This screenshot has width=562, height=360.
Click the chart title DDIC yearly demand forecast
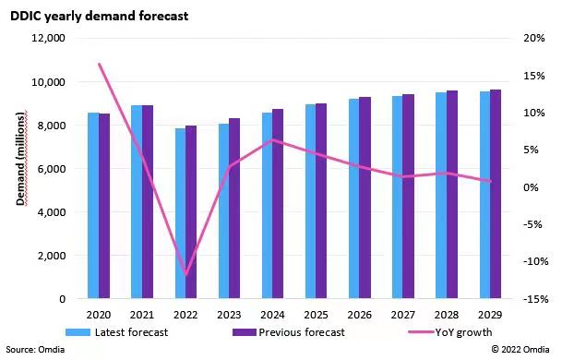coord(100,17)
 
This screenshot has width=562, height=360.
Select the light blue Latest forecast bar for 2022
coord(180,213)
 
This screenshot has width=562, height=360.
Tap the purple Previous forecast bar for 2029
coord(496,194)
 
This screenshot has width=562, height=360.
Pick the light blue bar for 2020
coord(93,206)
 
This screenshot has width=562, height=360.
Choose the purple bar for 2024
coord(278,204)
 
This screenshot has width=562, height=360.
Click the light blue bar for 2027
coord(398,198)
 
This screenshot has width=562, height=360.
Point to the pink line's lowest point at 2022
coord(186,275)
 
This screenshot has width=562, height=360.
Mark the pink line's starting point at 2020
coord(100,65)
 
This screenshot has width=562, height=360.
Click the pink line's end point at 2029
coord(490,182)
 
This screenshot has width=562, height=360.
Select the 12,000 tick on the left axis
coord(48,39)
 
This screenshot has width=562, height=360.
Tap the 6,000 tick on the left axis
coord(51,169)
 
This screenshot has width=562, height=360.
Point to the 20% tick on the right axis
coord(534,38)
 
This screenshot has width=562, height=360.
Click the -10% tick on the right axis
coord(536,261)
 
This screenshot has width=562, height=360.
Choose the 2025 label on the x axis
coord(317,315)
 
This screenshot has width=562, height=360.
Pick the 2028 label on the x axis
coord(447,315)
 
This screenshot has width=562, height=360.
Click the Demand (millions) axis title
coord(21,159)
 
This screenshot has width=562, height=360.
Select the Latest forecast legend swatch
coord(78,332)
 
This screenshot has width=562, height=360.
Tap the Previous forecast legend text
coord(302,332)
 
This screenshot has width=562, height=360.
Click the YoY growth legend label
coord(463,332)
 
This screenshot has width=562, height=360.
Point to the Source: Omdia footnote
coord(35,350)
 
